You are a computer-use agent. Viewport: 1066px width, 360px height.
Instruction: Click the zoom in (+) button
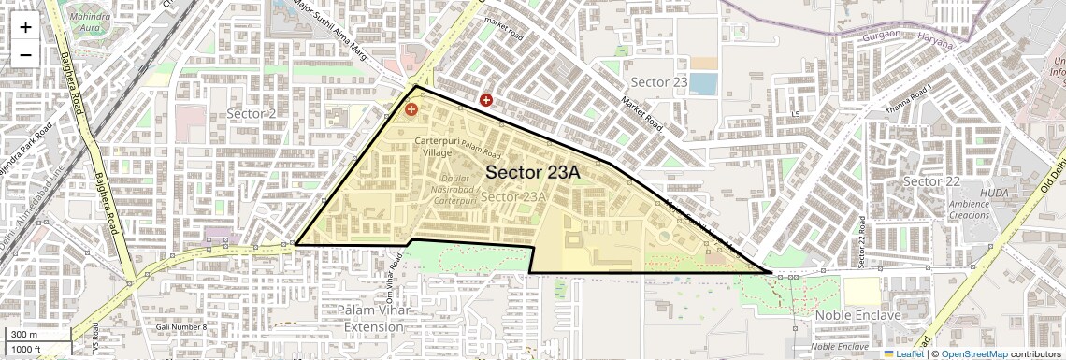coord(25,27)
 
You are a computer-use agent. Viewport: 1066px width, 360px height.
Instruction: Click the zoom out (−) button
coord(25,54)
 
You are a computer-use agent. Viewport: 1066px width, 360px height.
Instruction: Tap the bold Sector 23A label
coord(533,173)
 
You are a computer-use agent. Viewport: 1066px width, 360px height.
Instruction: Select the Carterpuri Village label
coord(439,146)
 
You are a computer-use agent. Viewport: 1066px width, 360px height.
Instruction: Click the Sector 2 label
coord(252,113)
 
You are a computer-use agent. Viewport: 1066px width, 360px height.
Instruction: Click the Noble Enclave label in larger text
coord(857,315)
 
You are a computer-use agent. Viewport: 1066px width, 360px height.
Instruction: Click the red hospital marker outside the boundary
coord(486,99)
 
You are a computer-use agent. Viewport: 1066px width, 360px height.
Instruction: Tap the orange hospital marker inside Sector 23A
coord(411,109)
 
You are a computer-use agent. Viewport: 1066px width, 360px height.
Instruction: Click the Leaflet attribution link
coord(903,354)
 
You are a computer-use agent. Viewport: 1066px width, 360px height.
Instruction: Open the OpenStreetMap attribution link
coord(973,354)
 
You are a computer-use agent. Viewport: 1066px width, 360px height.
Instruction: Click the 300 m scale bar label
coord(23,335)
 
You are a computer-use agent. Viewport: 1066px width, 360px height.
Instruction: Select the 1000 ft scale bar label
coord(26,350)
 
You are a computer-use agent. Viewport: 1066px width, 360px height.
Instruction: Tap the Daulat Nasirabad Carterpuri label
coord(448,189)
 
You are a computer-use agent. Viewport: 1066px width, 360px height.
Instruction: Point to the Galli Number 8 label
coord(182,326)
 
